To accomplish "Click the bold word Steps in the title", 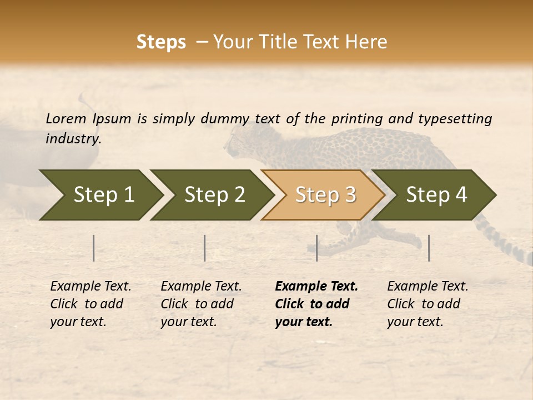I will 161,42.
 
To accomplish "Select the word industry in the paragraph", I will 73,138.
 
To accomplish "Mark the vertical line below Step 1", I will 94,248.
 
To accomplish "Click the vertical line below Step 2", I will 205,248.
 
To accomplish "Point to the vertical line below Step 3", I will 316,248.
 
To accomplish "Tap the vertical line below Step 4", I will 429,248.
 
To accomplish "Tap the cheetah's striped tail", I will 508,244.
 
